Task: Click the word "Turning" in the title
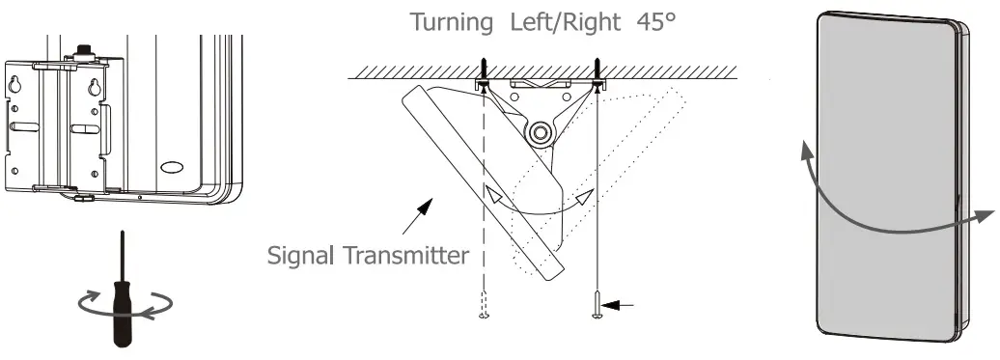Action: [x=448, y=22]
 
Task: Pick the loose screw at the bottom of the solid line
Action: [x=598, y=307]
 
